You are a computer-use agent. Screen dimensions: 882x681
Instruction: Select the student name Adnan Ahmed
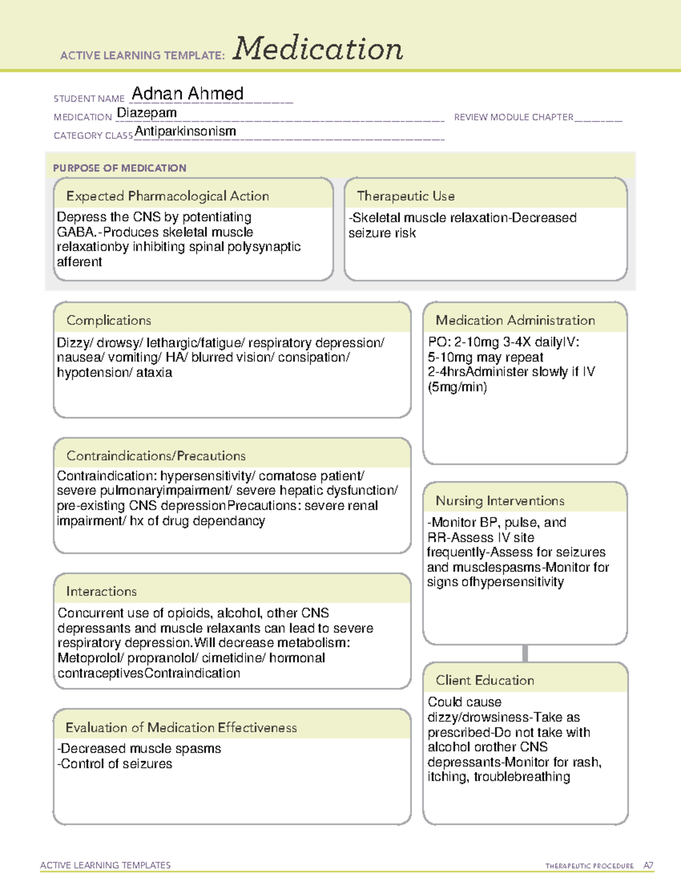(187, 94)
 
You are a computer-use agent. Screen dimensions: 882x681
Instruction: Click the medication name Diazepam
(147, 113)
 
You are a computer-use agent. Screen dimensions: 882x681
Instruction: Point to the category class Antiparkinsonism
(186, 131)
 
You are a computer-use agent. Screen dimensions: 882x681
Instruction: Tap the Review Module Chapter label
(514, 117)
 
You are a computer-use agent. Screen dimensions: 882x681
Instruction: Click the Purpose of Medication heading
(120, 168)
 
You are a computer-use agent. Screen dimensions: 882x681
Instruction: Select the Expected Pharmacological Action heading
(167, 196)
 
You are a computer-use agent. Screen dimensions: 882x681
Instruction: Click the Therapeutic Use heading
(406, 196)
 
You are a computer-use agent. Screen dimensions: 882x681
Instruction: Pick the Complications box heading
(109, 320)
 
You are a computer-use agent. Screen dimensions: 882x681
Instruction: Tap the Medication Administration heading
(515, 320)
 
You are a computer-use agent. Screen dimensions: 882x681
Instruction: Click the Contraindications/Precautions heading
(156, 455)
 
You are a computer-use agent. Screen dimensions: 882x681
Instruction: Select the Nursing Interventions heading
(500, 500)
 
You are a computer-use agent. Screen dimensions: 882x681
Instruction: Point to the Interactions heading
(102, 591)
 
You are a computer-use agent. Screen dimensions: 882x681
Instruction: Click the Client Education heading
(485, 680)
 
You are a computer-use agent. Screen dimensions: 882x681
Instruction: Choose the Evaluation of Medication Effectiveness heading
(181, 728)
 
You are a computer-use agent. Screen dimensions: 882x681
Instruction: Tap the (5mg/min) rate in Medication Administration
(457, 387)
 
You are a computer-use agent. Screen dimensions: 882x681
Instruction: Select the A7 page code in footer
(648, 866)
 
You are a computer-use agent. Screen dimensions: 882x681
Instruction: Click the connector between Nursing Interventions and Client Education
(525, 653)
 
